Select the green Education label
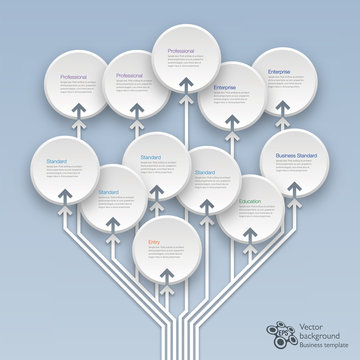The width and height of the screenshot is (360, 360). pos(251,202)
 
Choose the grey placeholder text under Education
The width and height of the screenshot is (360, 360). pos(251,213)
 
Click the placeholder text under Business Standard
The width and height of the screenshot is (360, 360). pos(295,168)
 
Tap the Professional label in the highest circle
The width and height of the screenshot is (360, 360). pos(181,49)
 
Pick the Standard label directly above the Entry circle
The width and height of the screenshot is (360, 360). pos(151,157)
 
